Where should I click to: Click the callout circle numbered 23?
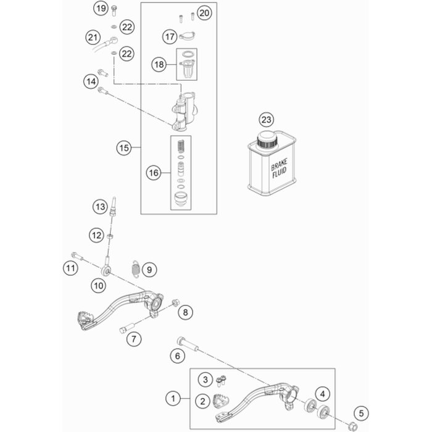coord(267,120)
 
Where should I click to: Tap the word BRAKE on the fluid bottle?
coord(279,165)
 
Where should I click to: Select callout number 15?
coord(124,148)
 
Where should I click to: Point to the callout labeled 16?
coord(154,173)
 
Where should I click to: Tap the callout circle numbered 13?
coord(100,207)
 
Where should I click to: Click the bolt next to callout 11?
coord(77,255)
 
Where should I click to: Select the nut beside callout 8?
coord(175,302)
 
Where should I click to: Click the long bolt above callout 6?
coord(188,344)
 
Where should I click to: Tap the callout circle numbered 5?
coord(361,413)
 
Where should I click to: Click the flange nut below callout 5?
coord(352,425)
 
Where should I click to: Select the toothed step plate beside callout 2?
coord(221,401)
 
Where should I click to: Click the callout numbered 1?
coord(173,399)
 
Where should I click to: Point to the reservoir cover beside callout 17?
coord(188,36)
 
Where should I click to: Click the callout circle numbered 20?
coord(204,13)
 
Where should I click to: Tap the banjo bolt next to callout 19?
coord(114,10)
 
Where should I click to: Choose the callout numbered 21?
coord(93,37)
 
